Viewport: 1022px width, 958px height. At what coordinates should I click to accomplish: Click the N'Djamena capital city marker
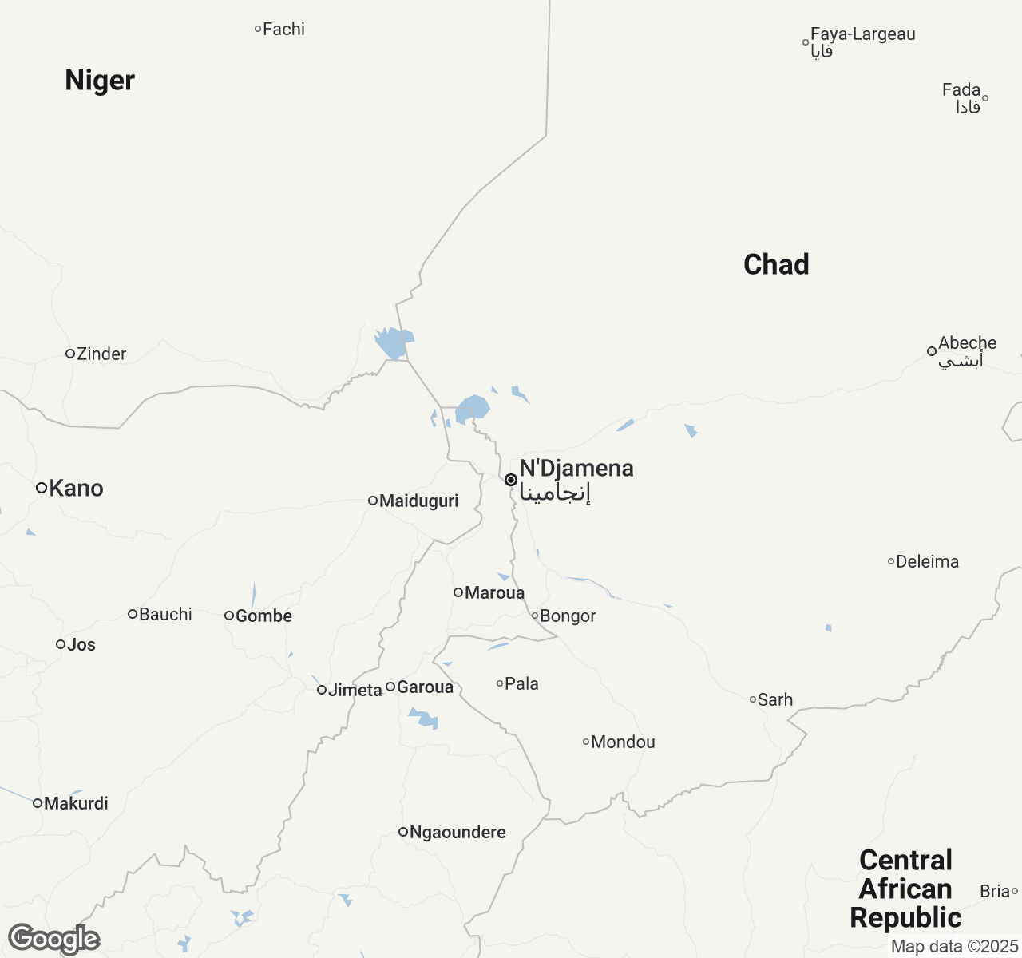point(511,480)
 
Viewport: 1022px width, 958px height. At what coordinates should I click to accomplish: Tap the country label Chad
point(776,264)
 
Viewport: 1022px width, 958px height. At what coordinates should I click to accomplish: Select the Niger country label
point(100,81)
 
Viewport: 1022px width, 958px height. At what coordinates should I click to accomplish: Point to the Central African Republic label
point(905,889)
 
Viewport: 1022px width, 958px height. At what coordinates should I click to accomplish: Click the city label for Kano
point(76,489)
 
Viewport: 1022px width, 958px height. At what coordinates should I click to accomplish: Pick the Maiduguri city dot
point(372,501)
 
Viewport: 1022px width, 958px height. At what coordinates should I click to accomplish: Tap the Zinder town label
point(101,354)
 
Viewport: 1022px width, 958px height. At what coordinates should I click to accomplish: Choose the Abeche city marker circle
point(931,350)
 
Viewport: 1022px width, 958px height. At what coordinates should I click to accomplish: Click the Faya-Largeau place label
point(862,34)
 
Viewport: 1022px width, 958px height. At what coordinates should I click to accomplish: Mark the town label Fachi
point(283,30)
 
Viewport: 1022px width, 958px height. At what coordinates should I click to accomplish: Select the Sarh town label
point(775,700)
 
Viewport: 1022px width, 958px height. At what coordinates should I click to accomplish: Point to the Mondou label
point(623,742)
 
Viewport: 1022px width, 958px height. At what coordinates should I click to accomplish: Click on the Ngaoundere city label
point(458,833)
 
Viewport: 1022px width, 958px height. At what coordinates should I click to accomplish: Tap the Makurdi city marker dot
point(38,803)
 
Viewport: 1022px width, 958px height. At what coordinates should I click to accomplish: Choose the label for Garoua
point(425,687)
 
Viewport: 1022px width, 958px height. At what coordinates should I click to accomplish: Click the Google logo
point(53,939)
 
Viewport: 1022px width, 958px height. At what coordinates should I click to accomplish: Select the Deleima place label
point(927,562)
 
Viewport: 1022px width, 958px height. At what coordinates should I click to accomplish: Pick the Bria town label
point(995,891)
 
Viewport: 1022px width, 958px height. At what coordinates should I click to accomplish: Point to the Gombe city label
point(263,616)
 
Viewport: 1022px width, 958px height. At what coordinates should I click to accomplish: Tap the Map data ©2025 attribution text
point(954,947)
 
